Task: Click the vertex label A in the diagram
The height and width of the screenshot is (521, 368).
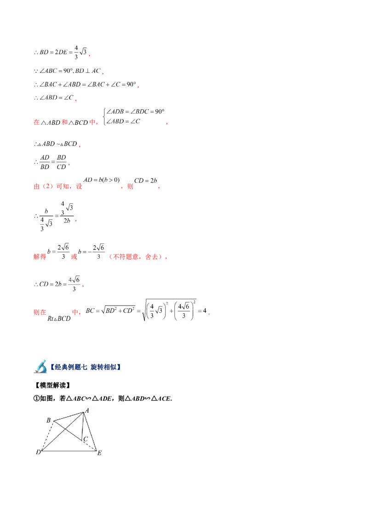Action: click(87, 410)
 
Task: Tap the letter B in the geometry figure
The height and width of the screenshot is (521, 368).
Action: click(48, 420)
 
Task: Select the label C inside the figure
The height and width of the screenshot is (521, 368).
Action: click(86, 439)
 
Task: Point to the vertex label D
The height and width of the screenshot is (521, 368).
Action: click(38, 452)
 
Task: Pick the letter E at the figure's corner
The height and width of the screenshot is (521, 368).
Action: click(99, 453)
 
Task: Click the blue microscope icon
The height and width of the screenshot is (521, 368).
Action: click(40, 366)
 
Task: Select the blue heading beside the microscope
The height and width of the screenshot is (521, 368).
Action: click(86, 367)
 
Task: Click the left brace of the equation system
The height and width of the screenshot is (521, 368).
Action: click(105, 117)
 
